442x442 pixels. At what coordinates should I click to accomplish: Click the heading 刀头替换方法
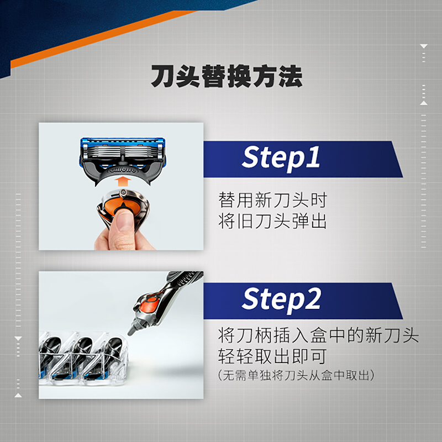pyautogui.click(x=227, y=76)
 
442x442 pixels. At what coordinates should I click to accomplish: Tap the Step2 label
pyautogui.click(x=281, y=299)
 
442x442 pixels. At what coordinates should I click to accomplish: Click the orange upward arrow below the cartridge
pyautogui.click(x=123, y=181)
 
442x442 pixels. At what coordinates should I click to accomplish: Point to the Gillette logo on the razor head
pyautogui.click(x=123, y=170)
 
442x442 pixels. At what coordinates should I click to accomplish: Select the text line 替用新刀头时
pyautogui.click(x=272, y=200)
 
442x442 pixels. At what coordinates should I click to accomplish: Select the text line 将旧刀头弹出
pyautogui.click(x=272, y=222)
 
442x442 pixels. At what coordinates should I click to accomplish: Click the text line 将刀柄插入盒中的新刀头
pyautogui.click(x=318, y=335)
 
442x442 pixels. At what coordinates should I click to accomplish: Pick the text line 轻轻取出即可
pyautogui.click(x=272, y=356)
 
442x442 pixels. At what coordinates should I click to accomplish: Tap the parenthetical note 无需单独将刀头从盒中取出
pyautogui.click(x=296, y=376)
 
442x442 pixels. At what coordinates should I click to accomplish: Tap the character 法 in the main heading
pyautogui.click(x=291, y=76)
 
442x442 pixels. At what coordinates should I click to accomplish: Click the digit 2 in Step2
pyautogui.click(x=312, y=298)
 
